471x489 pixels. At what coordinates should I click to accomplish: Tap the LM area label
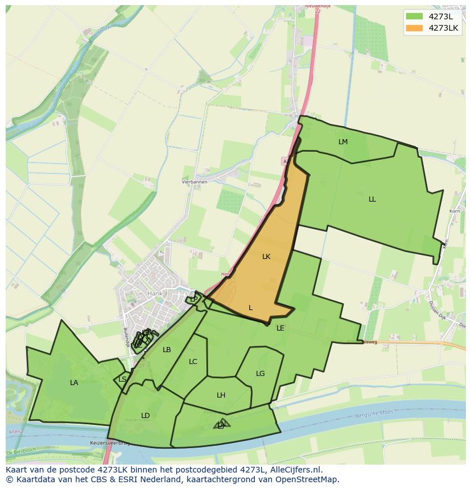click(x=343, y=142)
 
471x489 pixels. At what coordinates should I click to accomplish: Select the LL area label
click(x=372, y=199)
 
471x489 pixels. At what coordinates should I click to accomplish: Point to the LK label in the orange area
click(x=266, y=257)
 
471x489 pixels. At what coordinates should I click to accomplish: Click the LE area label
click(x=280, y=328)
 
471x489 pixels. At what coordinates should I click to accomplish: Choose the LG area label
click(x=261, y=374)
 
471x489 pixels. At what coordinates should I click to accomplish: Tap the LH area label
click(x=221, y=395)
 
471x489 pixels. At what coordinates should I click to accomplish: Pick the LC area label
click(x=193, y=362)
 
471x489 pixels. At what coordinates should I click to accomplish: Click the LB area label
click(x=167, y=350)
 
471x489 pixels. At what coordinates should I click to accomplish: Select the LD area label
click(x=146, y=416)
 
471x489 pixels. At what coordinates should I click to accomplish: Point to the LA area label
click(x=74, y=383)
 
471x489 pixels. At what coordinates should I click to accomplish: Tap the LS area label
click(x=123, y=379)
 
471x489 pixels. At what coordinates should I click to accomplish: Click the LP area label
click(x=194, y=299)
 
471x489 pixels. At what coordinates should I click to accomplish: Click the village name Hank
click(x=155, y=294)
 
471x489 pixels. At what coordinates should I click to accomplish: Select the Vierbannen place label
click(x=194, y=182)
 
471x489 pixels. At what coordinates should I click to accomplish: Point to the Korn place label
click(x=455, y=211)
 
